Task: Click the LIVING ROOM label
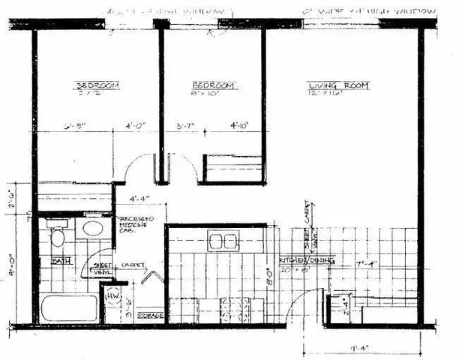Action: click(x=338, y=86)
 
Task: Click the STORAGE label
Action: click(x=151, y=314)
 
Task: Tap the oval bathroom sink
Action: click(x=93, y=229)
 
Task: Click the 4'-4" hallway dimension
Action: click(x=139, y=199)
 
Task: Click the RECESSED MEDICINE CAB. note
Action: click(x=136, y=223)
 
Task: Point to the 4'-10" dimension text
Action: click(x=239, y=126)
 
